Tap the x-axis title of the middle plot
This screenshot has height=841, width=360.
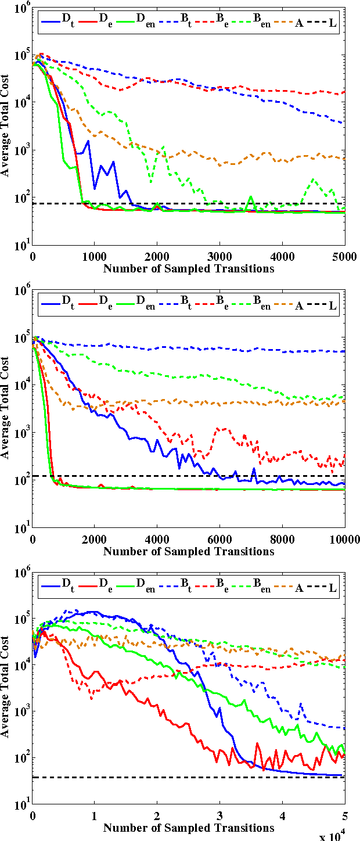pos(188,551)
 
